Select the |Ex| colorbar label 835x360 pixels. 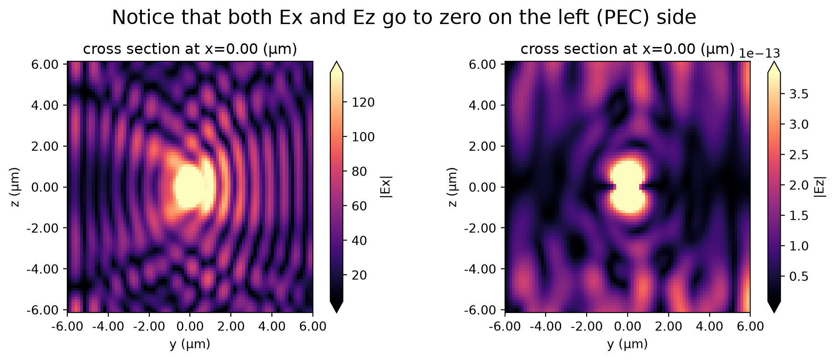[x=386, y=187]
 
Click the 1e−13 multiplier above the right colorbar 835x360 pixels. [x=760, y=53]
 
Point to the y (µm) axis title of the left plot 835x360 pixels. [x=190, y=344]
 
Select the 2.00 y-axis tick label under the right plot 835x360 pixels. [x=668, y=327]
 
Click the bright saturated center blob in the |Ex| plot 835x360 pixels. [x=194, y=187]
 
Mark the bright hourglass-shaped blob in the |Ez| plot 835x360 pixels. [x=627, y=187]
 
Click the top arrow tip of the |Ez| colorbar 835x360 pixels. [x=774, y=62]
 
